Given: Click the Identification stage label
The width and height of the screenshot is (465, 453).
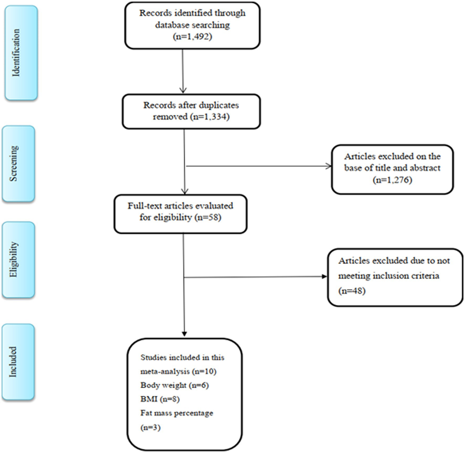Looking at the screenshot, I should pyautogui.click(x=16, y=53).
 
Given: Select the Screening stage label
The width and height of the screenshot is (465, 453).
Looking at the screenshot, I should pyautogui.click(x=14, y=163).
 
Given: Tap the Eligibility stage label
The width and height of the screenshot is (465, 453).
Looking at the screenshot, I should pyautogui.click(x=14, y=259).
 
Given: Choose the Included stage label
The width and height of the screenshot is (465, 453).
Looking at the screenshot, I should pyautogui.click(x=13, y=362).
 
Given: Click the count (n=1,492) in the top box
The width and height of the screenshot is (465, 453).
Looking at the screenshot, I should pyautogui.click(x=192, y=37).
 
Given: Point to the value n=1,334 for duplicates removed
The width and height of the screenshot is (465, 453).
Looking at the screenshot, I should pyautogui.click(x=211, y=117).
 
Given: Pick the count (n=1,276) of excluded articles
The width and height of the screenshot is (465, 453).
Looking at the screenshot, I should pyautogui.click(x=392, y=180).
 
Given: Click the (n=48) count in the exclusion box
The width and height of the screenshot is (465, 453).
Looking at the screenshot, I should pyautogui.click(x=352, y=291).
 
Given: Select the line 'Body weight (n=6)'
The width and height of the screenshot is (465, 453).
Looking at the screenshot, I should pyautogui.click(x=174, y=385).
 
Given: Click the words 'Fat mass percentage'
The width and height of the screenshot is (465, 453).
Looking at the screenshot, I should pyautogui.click(x=177, y=413).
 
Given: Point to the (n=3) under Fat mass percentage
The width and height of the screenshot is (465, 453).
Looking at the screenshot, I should pyautogui.click(x=150, y=427).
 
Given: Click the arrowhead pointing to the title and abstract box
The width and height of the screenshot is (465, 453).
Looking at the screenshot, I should pyautogui.click(x=329, y=167).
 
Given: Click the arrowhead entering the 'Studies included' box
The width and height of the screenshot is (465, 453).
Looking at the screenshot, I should pyautogui.click(x=184, y=334).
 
